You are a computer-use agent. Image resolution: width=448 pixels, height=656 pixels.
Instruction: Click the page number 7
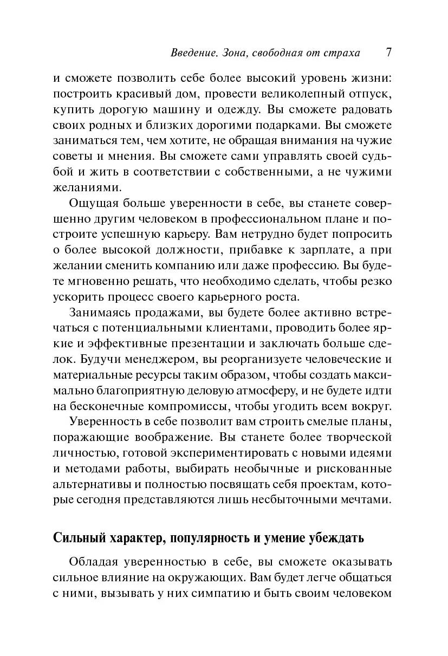(x=388, y=53)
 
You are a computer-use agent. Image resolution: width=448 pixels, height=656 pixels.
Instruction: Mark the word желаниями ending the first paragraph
(x=85, y=187)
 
